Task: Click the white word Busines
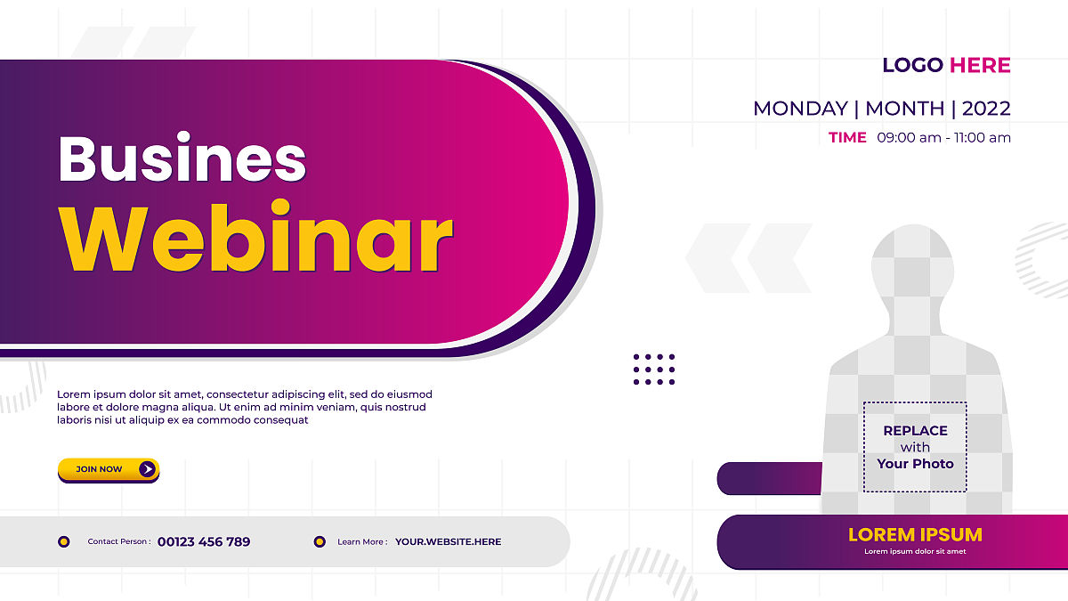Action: click(182, 157)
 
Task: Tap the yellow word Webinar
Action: click(255, 237)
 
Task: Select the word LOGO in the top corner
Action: click(912, 65)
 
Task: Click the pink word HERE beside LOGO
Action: click(980, 65)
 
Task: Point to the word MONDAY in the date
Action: click(800, 109)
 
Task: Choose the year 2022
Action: click(986, 109)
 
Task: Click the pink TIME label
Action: click(847, 137)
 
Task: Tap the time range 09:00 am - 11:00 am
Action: click(943, 138)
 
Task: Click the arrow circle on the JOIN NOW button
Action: click(148, 469)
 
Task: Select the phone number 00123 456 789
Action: click(204, 542)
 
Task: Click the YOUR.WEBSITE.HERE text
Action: click(449, 542)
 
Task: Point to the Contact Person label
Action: click(119, 541)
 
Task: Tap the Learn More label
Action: click(362, 542)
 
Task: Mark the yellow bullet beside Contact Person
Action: click(64, 541)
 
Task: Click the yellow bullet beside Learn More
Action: click(320, 541)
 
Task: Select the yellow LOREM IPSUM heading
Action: click(915, 535)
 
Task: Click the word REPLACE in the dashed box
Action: click(916, 431)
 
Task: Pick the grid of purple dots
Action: click(654, 370)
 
